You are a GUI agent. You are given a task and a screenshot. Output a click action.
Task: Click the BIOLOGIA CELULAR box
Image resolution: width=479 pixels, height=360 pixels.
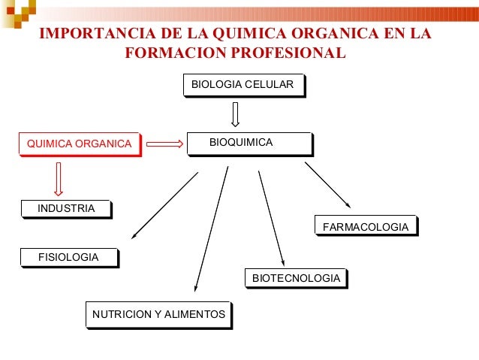[x=243, y=85]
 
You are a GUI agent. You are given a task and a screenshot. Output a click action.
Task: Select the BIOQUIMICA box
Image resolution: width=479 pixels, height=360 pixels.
[x=249, y=143]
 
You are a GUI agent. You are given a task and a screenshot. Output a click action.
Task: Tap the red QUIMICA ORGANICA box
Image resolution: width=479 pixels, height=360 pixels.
[x=79, y=144]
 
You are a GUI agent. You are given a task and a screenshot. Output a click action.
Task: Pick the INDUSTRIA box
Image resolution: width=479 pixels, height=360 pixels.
[x=66, y=208]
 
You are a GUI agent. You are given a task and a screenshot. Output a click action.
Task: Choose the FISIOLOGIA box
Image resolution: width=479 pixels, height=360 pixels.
[x=68, y=257]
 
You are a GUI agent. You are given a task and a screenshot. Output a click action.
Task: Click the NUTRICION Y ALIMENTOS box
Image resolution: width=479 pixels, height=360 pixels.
[x=158, y=314]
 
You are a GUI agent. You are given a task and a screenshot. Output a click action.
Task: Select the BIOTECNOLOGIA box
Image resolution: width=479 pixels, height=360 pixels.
[x=296, y=279]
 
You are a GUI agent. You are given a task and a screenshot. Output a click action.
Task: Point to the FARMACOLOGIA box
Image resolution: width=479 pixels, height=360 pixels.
[x=365, y=226]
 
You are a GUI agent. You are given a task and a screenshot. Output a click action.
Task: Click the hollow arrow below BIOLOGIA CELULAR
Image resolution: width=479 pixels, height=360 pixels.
[x=235, y=114]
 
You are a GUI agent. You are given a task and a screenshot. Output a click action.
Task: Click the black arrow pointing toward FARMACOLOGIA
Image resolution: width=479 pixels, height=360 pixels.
[x=327, y=184]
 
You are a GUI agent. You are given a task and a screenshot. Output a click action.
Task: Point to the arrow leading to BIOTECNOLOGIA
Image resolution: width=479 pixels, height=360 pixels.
[x=271, y=218]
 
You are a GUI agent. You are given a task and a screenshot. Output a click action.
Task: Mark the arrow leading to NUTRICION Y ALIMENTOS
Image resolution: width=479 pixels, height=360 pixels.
[x=211, y=229]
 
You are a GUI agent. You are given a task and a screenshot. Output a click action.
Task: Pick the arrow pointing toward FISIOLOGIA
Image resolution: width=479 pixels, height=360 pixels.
[x=164, y=205]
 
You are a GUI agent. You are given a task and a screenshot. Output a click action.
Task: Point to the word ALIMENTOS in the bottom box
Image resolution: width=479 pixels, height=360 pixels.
[x=195, y=314]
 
